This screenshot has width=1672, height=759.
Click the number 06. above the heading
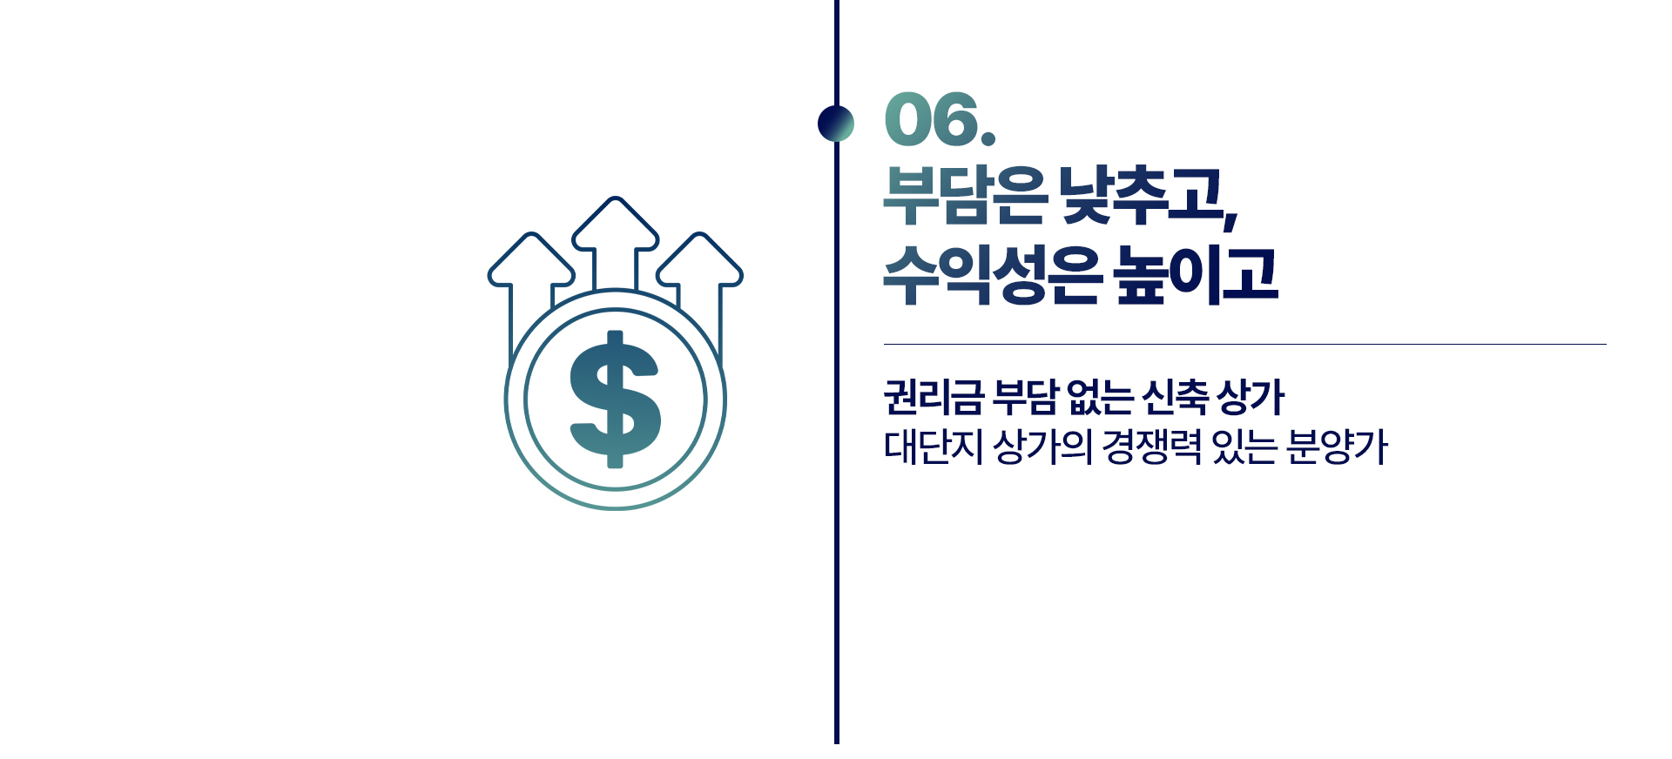[940, 119]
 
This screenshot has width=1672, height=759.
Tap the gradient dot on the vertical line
[836, 123]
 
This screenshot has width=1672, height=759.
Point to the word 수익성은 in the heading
[992, 275]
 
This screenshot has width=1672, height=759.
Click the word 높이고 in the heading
[1197, 275]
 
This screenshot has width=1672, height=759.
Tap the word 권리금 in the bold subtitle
[934, 398]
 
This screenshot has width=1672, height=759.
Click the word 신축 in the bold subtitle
[1175, 398]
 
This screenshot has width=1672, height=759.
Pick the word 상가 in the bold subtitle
[1251, 398]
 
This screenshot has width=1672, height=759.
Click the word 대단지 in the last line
[933, 447]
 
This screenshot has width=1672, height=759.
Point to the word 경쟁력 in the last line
[1151, 447]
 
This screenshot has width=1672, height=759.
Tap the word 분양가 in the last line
[1337, 447]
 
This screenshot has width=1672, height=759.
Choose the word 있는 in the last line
[1244, 447]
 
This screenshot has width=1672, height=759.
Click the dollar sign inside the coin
[616, 400]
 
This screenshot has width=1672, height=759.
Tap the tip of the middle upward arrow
[616, 198]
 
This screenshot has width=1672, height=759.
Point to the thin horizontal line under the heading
[1245, 345]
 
